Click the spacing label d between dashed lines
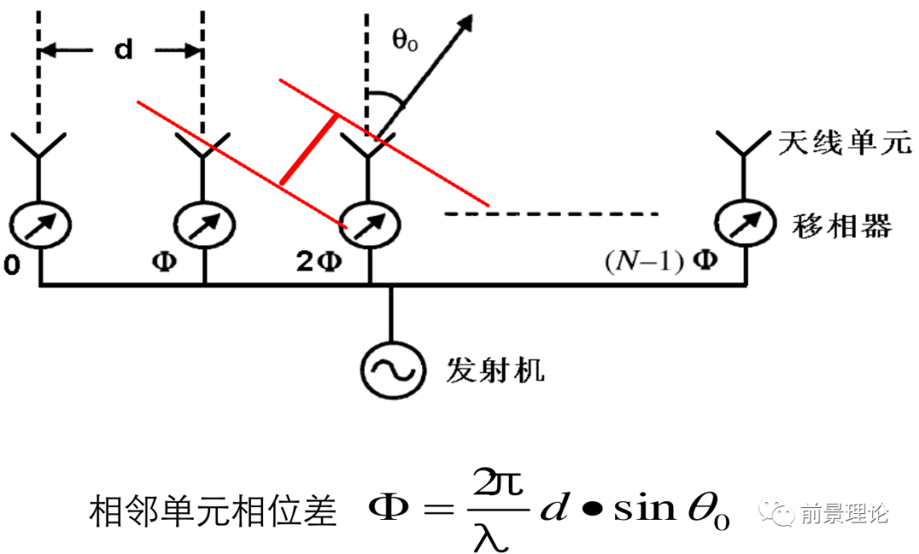(x=124, y=50)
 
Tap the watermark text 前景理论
(x=843, y=514)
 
